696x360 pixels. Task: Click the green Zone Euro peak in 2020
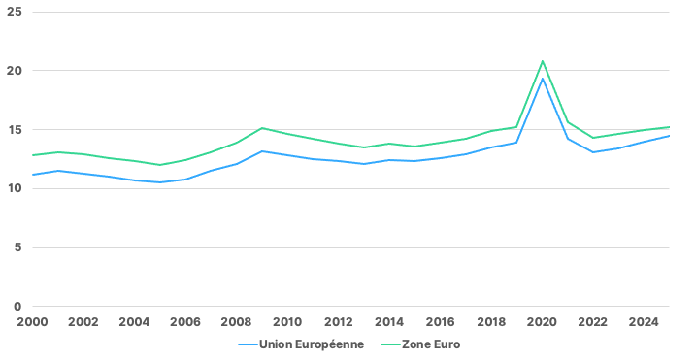tap(542, 61)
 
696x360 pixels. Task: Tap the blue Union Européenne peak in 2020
tap(542, 79)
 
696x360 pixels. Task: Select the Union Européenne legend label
tap(312, 344)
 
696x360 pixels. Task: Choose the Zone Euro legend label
tap(431, 344)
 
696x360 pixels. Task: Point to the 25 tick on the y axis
tap(15, 12)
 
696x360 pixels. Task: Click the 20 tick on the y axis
tap(15, 71)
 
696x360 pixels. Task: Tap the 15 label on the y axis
tap(15, 130)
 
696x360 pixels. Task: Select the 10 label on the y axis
tap(15, 188)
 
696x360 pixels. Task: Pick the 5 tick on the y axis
tap(17, 247)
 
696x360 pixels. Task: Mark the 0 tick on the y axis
tap(17, 307)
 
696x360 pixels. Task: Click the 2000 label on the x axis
tap(32, 322)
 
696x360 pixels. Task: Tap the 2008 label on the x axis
tap(236, 322)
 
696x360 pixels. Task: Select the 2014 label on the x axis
tap(389, 322)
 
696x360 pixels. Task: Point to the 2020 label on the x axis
tap(542, 322)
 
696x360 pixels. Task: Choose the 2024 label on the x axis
tap(644, 322)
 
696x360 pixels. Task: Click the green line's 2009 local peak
tap(262, 128)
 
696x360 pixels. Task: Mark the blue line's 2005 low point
tap(160, 182)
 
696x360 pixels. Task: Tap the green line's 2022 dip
tap(593, 138)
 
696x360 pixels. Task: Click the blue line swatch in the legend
tap(248, 344)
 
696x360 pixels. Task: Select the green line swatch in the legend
tap(391, 344)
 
